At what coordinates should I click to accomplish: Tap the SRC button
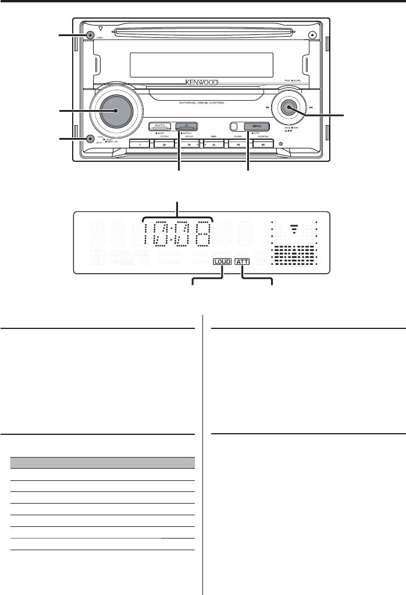[x=254, y=126]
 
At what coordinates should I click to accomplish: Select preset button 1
[x=139, y=143]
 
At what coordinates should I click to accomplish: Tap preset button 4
[x=213, y=143]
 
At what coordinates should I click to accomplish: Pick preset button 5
[x=238, y=143]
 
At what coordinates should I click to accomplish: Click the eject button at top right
[x=314, y=34]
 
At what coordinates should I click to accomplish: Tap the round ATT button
[x=89, y=139]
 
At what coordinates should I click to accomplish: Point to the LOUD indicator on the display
[x=222, y=262]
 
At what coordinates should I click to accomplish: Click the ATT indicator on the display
[x=242, y=262]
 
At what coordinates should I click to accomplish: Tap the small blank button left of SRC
[x=234, y=126]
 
